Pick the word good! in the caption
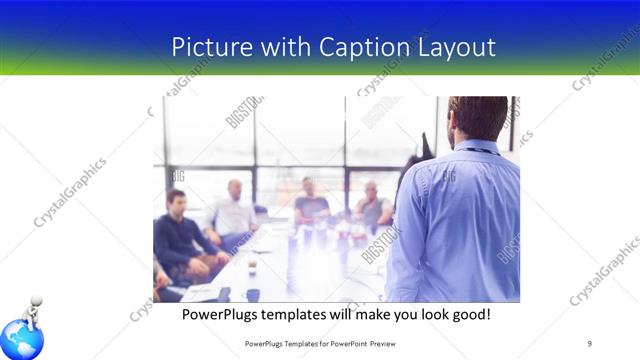[x=469, y=314]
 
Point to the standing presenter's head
[x=478, y=119]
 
